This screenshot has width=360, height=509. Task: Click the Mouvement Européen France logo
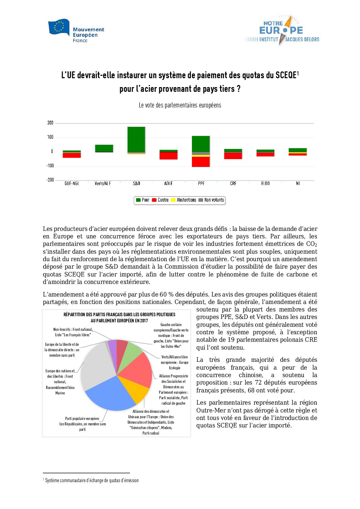point(76,31)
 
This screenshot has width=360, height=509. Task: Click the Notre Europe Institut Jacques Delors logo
point(282,30)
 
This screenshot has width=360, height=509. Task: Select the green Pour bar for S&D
point(136,139)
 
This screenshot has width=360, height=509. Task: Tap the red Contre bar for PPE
point(201,162)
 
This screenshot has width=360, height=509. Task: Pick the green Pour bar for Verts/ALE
point(104,148)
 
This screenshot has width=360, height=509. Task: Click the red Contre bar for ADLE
point(168,156)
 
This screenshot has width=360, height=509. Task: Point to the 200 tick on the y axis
point(50,123)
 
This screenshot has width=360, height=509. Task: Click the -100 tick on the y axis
point(50,166)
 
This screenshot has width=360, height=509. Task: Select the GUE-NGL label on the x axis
point(72,184)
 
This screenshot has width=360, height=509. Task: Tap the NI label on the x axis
point(298,184)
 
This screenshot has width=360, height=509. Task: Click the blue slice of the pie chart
point(109,394)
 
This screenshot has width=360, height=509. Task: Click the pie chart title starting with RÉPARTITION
point(119,318)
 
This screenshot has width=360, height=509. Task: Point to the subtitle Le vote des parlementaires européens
point(180,105)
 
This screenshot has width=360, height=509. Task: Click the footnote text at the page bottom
point(92,480)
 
